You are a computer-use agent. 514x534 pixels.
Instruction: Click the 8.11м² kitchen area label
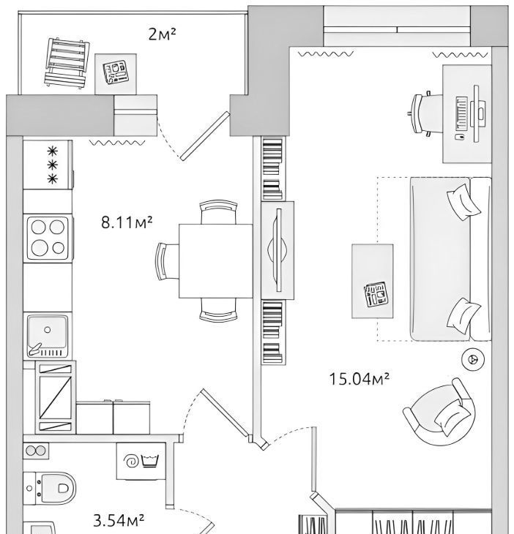(x=127, y=222)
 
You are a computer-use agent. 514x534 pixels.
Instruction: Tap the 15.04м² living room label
(x=360, y=379)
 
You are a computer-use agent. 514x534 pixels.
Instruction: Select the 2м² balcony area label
(x=163, y=34)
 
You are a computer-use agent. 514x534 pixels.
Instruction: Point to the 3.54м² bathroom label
(x=119, y=520)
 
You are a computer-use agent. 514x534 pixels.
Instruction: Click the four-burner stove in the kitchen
(x=48, y=238)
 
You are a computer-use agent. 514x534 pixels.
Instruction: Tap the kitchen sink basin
(x=48, y=336)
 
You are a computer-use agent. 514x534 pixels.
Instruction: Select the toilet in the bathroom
(x=50, y=489)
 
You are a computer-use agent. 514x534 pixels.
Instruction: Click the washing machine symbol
(x=141, y=461)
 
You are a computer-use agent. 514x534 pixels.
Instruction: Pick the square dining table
(x=215, y=261)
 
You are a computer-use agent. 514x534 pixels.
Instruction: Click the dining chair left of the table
(x=166, y=261)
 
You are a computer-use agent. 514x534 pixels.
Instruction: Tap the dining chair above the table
(x=218, y=211)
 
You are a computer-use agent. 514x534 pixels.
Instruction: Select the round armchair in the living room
(x=439, y=411)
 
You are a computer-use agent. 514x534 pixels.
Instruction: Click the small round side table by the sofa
(x=473, y=358)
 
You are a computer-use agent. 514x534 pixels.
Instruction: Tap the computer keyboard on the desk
(x=461, y=113)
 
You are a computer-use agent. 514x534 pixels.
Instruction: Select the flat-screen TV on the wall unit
(x=279, y=250)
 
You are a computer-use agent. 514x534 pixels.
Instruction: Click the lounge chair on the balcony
(x=67, y=64)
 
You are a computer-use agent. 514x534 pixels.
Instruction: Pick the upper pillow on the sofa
(x=463, y=202)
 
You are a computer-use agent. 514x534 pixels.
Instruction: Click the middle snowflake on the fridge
(x=52, y=165)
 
